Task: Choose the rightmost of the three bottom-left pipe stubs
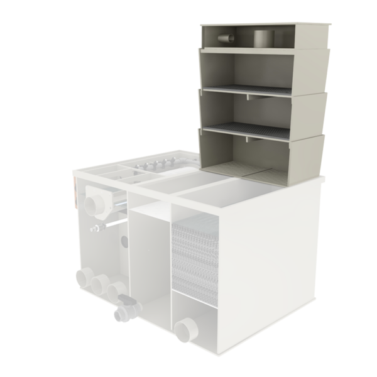[116, 292]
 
